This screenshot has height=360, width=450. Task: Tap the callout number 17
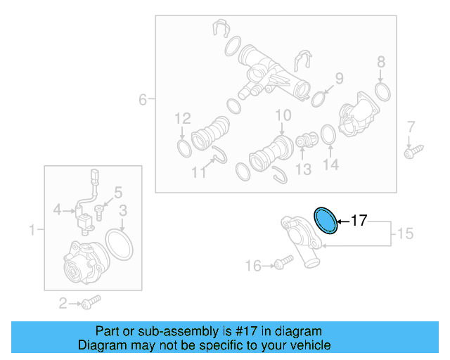point(359,221)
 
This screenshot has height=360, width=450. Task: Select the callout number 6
point(143,100)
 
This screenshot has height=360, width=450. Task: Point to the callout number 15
point(405,233)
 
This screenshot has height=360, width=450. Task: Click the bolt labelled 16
point(284,263)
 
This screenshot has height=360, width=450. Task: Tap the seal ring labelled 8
point(383,91)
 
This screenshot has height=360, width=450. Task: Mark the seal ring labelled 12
point(183,148)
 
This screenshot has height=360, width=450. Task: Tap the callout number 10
point(283,115)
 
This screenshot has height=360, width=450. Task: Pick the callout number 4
point(58,209)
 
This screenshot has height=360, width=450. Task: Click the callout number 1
point(32,229)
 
